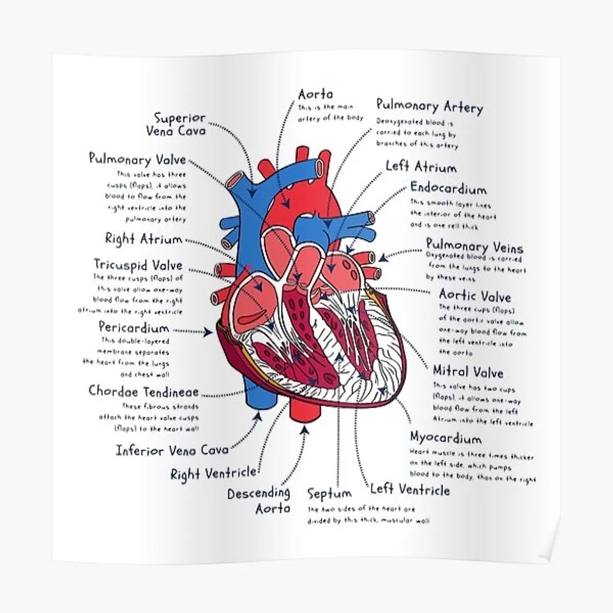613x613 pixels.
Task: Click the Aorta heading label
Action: [x=315, y=95]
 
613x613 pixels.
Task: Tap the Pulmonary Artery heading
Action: [x=429, y=106]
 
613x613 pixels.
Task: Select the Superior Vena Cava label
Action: [x=179, y=124]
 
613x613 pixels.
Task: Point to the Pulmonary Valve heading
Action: [x=137, y=159]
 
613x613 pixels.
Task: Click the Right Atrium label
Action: [x=144, y=239]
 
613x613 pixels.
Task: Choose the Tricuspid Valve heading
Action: [x=138, y=264]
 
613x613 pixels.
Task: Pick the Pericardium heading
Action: [x=134, y=328]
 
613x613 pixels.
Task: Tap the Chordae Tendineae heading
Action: [x=144, y=391]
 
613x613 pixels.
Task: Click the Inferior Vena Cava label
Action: [x=172, y=450]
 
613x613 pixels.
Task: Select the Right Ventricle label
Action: [x=213, y=473]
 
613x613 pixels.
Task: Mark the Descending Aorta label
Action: [x=259, y=501]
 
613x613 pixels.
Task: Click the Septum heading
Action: [x=329, y=494]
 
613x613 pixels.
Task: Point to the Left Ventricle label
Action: [x=410, y=490]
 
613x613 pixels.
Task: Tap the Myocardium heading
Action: [x=446, y=439]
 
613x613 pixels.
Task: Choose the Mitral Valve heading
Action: [x=468, y=372]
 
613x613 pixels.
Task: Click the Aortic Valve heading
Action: [x=474, y=297]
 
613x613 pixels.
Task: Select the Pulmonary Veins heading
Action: [x=474, y=246]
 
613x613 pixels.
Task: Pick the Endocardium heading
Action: [x=448, y=188]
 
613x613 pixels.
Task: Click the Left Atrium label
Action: [x=421, y=167]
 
